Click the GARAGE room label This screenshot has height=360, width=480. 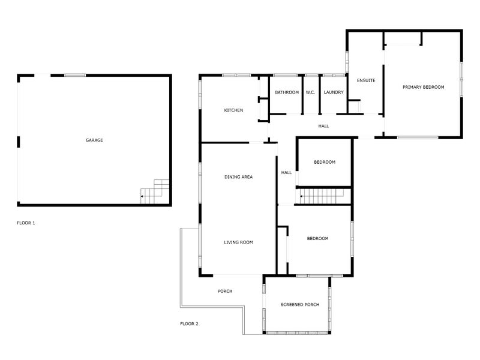coord(94,140)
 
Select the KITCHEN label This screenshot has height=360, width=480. coord(233,110)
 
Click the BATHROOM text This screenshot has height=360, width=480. coord(287,92)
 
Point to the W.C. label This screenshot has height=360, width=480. coord(310,92)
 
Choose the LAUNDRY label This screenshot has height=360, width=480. coord(333,92)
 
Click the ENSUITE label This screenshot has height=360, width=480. coord(366,80)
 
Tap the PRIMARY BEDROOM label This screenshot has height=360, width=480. coord(423,88)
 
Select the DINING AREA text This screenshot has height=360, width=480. coord(238,177)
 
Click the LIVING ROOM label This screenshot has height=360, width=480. coord(238,242)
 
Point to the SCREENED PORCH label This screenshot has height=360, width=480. coord(299,305)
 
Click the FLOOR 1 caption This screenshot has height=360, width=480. coord(26,223)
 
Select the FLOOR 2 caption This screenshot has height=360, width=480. coord(189,324)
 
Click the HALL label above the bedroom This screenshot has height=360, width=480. coord(323,126)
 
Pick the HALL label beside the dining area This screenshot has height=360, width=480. coord(286,173)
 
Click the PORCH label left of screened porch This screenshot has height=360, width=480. coord(225,292)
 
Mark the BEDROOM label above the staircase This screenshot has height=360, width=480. coord(325,163)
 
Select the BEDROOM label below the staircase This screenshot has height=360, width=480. coord(317,239)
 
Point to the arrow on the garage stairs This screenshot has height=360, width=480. coord(143,196)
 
